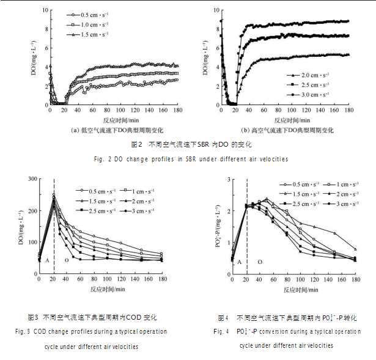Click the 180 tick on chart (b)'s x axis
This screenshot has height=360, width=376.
tap(349, 109)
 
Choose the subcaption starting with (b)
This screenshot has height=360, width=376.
tap(287, 130)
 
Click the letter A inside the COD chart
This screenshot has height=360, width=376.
tap(46, 260)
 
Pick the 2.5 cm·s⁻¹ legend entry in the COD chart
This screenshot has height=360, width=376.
tap(98, 210)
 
